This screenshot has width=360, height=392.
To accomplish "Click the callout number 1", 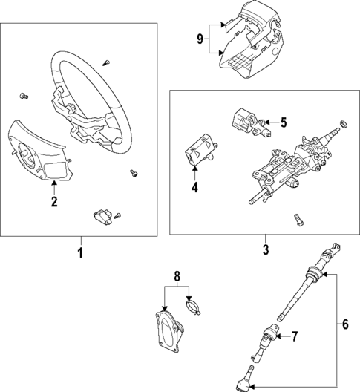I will click(80, 254).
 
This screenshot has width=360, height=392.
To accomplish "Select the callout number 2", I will click(53, 201).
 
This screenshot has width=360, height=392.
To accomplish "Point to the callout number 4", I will click(194, 188).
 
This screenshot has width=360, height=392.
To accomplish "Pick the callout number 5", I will click(283, 122).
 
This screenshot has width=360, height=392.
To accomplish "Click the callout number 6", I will click(344, 324).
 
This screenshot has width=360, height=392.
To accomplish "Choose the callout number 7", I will click(294, 336).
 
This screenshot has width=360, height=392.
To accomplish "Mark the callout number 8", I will click(177, 276).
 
